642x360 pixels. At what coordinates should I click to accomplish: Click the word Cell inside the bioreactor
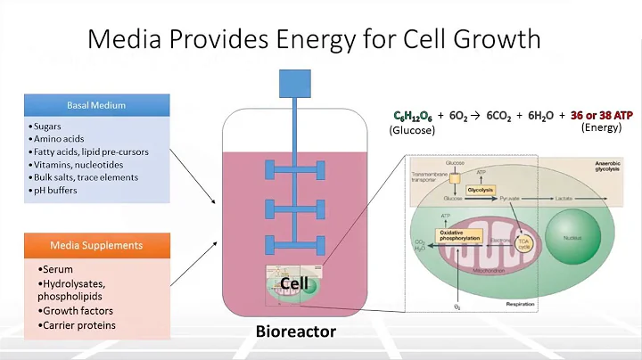click(295, 283)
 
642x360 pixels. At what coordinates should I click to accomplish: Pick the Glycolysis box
click(480, 190)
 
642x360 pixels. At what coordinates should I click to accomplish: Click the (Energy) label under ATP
click(600, 128)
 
